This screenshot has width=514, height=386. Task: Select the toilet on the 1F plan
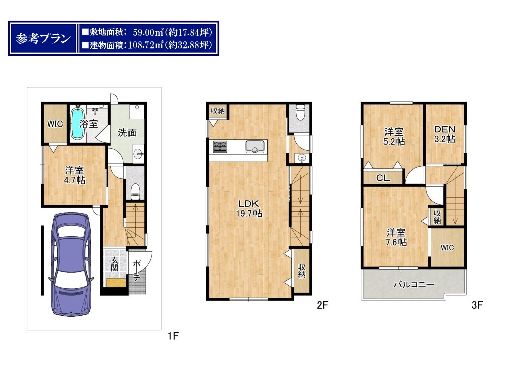point(135,191)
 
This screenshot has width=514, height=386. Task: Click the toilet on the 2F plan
point(300,113)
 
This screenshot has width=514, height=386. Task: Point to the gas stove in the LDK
point(220,146)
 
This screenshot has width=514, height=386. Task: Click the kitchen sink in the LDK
point(255,146)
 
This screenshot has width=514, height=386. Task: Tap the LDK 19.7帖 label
point(249,208)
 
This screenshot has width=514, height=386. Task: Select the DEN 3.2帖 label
point(445,134)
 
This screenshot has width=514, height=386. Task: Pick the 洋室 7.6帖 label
point(396,237)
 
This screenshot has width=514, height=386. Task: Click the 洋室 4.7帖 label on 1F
point(75,175)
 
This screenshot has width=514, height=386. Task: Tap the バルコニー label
point(414,284)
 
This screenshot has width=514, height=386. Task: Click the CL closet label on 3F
point(383,178)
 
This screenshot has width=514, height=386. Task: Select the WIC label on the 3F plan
point(447,247)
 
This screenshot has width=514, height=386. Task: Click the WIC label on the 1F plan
point(55,124)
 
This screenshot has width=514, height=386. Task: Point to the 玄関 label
point(114,264)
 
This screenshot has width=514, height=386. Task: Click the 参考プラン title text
point(43,38)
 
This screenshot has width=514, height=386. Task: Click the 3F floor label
point(477,305)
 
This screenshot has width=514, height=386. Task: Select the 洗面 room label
point(127,133)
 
